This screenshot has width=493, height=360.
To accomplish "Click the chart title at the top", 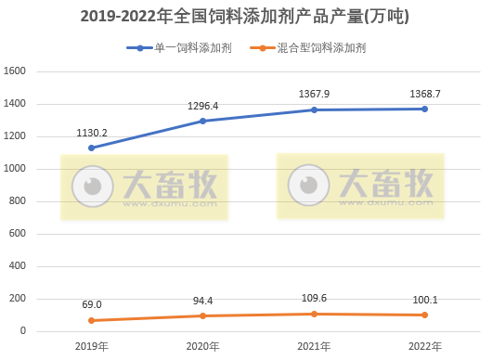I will tap(245, 16).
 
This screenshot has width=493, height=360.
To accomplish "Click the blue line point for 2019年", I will tap(91, 148).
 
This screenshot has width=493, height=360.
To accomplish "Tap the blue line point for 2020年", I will tap(202, 121).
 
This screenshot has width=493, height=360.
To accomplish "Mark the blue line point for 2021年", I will tap(314, 109).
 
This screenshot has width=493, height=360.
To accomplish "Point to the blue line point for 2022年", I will tap(425, 109).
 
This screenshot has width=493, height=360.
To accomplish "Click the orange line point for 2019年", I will tap(91, 320).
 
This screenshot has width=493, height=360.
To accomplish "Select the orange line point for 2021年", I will tap(314, 314).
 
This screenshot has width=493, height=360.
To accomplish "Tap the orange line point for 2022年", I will tap(425, 315).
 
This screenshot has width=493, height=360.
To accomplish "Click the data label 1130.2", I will tap(92, 133).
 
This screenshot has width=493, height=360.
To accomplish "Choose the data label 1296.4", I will tap(202, 106).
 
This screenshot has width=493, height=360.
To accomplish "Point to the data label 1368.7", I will tap(425, 94).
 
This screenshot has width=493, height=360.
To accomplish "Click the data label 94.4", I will tap(202, 300).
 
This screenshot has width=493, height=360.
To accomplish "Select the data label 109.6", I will tap(314, 298).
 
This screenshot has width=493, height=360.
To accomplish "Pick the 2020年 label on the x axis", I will tap(202, 346).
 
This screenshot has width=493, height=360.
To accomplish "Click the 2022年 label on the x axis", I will tap(425, 346).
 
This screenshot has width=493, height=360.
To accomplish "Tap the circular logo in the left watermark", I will tap(91, 186).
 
